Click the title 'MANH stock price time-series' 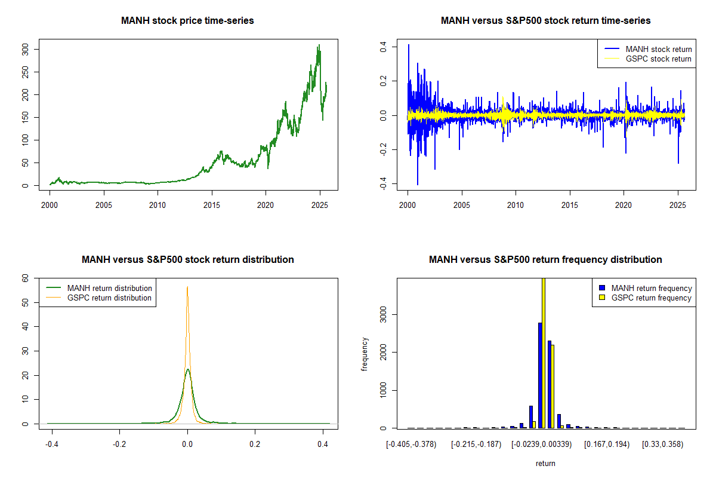[187, 21]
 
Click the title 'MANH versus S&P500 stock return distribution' [187, 260]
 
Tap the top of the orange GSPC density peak [187, 287]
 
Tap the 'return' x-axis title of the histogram [545, 463]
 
